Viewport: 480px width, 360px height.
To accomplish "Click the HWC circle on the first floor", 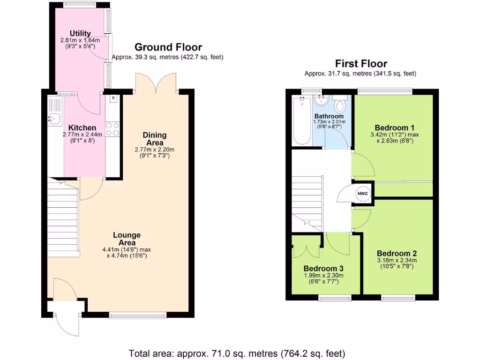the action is point(363,194).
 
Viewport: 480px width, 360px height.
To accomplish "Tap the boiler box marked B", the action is point(113,98).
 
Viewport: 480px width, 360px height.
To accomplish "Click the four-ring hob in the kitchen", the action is point(112,129).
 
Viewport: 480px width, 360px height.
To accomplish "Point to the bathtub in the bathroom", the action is point(302,120).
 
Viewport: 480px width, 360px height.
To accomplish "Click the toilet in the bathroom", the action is point(339,104).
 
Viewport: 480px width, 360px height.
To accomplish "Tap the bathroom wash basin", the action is point(321,100).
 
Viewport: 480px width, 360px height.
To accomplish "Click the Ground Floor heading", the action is point(168,47).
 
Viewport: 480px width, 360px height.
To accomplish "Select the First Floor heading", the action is point(361,64).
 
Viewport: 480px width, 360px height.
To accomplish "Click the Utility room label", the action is point(80,33).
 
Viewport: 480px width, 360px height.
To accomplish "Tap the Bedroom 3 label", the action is point(323,269).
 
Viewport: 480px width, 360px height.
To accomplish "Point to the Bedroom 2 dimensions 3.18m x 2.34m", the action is point(397,261).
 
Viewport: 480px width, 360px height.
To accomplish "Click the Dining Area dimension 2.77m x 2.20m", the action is point(155,150).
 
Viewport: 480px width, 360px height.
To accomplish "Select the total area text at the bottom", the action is point(237,353).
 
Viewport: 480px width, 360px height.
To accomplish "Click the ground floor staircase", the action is point(63,217).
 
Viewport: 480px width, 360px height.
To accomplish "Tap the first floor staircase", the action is point(307,204).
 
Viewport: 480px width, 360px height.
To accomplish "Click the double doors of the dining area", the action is point(157,83).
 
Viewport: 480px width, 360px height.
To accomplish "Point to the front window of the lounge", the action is point(138,315).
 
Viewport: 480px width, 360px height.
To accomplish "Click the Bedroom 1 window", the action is point(385,91).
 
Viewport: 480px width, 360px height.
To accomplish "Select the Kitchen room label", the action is point(82,127).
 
